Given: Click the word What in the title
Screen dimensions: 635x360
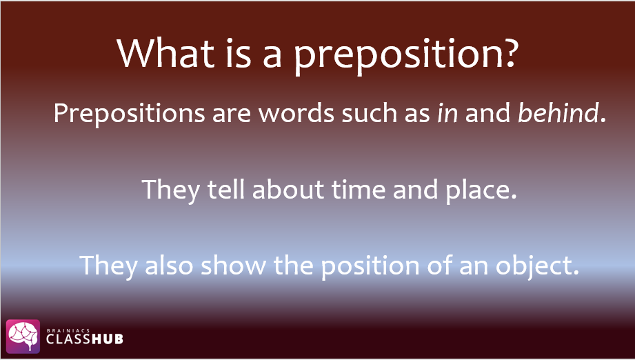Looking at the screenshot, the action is (x=165, y=53).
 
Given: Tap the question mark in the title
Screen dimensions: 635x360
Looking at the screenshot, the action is (x=508, y=52).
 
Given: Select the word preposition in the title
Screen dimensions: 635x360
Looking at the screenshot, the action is (x=395, y=57).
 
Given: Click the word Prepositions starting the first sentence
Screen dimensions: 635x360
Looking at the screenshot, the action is (x=129, y=113).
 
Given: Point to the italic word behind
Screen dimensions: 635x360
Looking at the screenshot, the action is (x=558, y=112).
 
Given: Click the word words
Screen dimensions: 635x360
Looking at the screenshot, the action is (x=296, y=112).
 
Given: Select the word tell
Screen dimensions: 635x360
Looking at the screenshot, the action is (x=225, y=189).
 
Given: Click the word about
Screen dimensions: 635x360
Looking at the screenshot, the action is (x=288, y=189).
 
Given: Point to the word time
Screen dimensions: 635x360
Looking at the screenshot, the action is (x=359, y=189).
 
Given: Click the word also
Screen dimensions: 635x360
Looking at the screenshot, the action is (x=169, y=266).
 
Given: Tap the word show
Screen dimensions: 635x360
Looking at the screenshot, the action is (x=233, y=266).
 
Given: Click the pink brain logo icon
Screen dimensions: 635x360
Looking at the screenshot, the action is (x=23, y=336).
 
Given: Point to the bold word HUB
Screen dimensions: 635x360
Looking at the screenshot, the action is (x=107, y=339).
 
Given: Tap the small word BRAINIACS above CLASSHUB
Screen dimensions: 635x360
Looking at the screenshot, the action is (x=62, y=330).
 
